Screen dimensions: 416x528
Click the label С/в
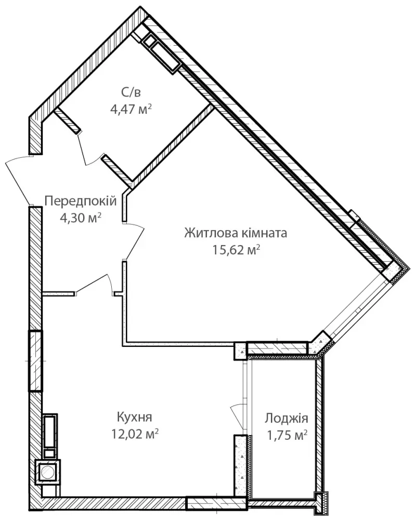[130, 92]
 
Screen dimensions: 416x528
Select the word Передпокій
[81, 201]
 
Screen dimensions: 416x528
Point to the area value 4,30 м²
[81, 218]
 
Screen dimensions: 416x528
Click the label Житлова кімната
[236, 233]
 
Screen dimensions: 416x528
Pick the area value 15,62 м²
[236, 250]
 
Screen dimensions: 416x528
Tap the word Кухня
[134, 417]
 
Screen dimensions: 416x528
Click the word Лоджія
[287, 418]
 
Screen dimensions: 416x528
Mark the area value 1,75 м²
[287, 436]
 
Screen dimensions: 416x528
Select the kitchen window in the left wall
[35, 361]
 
